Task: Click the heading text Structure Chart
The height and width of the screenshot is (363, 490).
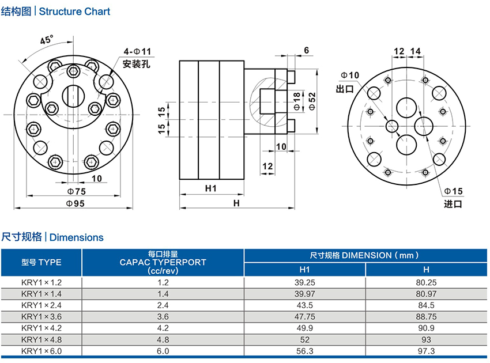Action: tap(74, 12)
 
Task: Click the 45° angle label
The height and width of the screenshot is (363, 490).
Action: tap(47, 40)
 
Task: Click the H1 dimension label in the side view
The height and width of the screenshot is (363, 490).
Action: tap(210, 188)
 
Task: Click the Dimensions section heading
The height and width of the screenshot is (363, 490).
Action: tap(77, 237)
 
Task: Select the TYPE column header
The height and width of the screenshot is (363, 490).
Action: tap(41, 262)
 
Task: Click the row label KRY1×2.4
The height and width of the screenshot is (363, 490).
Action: tap(41, 305)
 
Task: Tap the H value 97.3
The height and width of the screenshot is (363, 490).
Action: tap(426, 350)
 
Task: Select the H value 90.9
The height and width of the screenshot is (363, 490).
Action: tap(426, 328)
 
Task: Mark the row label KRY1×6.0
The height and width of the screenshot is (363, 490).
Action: tap(41, 350)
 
